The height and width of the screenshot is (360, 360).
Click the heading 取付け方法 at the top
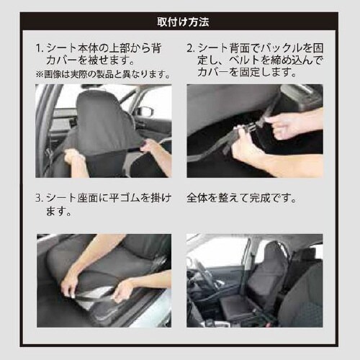point(183,22)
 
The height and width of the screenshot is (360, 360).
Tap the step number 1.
point(40,48)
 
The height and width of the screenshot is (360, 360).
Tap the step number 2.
point(191,48)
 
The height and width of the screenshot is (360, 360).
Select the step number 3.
point(40,198)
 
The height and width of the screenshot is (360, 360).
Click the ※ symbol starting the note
point(39,74)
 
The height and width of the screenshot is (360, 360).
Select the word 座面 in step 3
point(88,198)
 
